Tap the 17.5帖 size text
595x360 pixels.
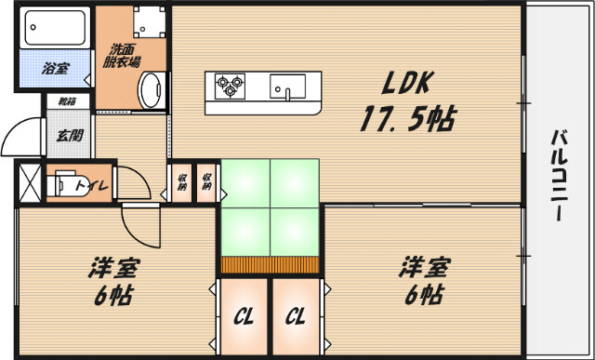point(407,120)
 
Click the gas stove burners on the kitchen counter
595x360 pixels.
point(228,87)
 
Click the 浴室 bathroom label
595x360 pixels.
point(56,67)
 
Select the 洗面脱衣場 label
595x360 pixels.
point(124,55)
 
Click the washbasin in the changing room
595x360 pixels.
point(149,90)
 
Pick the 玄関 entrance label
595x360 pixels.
point(69,136)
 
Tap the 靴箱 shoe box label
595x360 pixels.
point(67,102)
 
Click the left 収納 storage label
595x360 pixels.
point(180,181)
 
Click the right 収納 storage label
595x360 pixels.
point(205,181)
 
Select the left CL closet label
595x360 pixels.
point(244,316)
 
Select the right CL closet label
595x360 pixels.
point(295,316)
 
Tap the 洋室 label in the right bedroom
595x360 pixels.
point(423,267)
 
